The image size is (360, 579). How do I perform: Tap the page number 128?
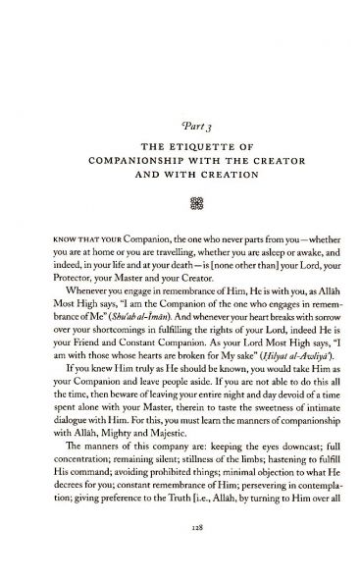(x=180, y=555)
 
